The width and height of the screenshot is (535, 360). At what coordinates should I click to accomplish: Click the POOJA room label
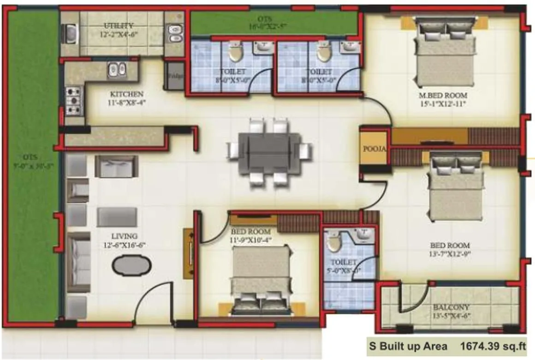pyautogui.click(x=374, y=150)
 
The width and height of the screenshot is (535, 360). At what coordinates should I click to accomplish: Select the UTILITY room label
pyautogui.click(x=119, y=25)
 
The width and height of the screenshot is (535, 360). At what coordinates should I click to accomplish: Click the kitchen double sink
pyautogui.click(x=117, y=70)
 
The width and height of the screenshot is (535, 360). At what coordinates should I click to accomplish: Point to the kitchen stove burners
pyautogui.click(x=73, y=101)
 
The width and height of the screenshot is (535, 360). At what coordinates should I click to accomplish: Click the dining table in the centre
pyautogui.click(x=270, y=152)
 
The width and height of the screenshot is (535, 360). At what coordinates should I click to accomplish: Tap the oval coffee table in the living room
pyautogui.click(x=131, y=267)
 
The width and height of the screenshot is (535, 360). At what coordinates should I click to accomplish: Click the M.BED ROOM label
pyautogui.click(x=443, y=96)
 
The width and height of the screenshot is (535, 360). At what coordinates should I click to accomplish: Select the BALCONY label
pyautogui.click(x=451, y=307)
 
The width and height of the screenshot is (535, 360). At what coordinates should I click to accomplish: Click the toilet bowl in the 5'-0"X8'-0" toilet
pyautogui.click(x=333, y=240)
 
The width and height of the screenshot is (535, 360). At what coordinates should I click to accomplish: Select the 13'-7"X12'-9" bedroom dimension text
pyautogui.click(x=450, y=253)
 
